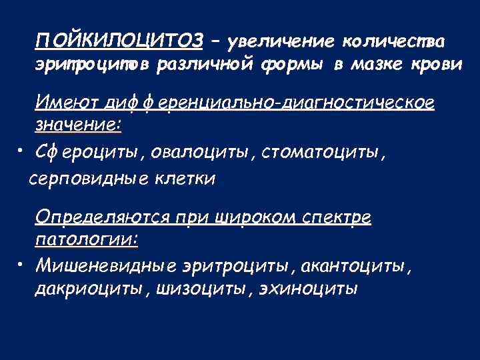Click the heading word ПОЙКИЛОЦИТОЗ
(120, 41)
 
